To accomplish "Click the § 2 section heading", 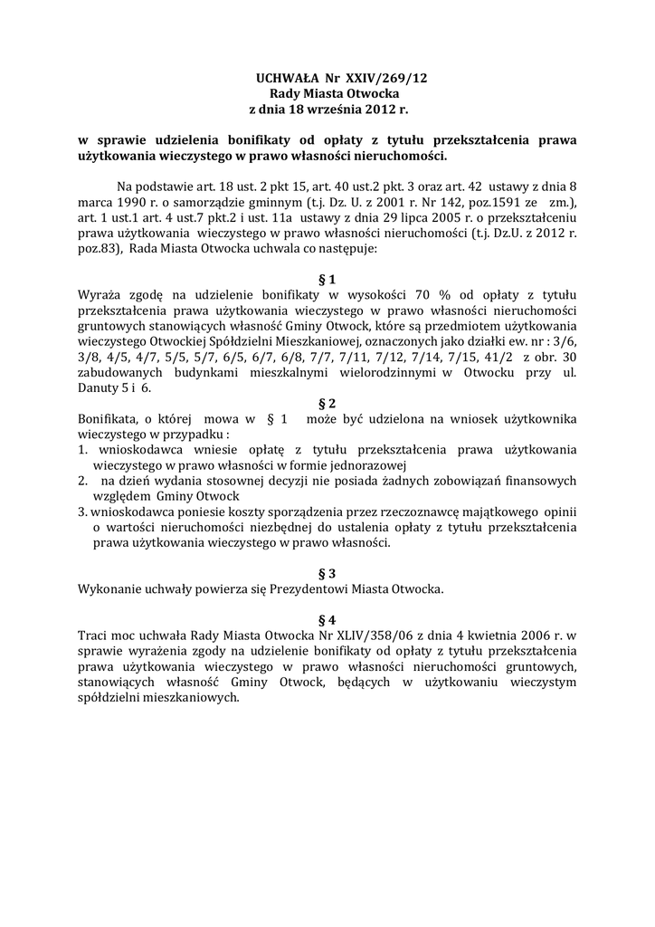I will coord(327,403).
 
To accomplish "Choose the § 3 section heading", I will coord(327,573).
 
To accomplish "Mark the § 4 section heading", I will coord(327,620).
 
